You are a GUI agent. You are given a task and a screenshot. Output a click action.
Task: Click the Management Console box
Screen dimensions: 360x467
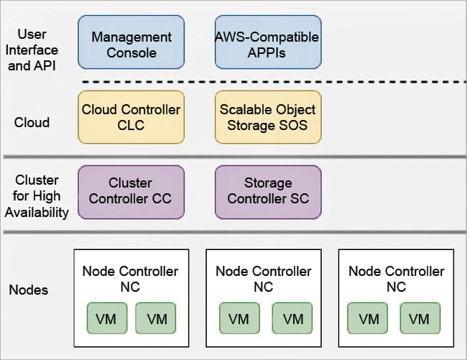[131, 44]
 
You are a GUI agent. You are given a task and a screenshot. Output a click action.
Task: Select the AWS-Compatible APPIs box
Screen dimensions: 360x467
[267, 44]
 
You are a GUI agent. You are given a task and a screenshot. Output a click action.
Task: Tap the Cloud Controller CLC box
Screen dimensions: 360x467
[131, 117]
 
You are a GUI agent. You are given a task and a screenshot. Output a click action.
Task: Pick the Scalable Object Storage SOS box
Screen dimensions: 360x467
[267, 117]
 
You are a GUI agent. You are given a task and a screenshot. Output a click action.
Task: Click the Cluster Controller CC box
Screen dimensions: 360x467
[131, 191]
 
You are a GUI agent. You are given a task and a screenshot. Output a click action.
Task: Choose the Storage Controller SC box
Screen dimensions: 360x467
[267, 191]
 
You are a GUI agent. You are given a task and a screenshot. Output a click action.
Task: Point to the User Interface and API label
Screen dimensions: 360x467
[36, 50]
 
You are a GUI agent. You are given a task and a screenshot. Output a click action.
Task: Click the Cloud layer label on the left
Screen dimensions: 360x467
[32, 122]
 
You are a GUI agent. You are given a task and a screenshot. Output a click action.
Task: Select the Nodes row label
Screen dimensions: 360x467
[29, 290]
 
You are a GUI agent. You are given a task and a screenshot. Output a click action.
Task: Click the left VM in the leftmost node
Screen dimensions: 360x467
[106, 318]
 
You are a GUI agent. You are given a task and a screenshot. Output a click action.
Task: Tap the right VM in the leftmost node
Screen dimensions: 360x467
[157, 318]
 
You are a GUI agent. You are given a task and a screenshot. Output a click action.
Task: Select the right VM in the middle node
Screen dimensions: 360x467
[292, 318]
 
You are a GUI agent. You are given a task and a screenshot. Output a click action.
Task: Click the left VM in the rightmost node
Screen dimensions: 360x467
[369, 318]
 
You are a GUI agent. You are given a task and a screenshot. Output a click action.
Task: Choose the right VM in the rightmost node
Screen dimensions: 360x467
[420, 318]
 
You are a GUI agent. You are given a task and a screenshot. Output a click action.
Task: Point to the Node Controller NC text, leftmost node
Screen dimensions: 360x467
[131, 279]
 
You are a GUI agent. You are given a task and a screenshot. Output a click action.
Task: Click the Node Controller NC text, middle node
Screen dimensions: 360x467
[264, 279]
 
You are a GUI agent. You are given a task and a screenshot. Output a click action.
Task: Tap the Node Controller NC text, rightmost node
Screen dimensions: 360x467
[397, 279]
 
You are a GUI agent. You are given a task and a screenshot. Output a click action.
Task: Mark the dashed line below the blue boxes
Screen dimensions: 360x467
[273, 82]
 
